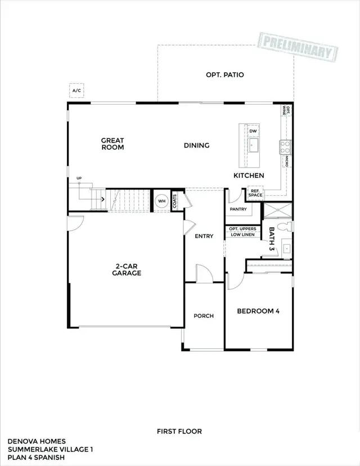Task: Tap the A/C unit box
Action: tap(76, 90)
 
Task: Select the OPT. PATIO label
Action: tap(225, 74)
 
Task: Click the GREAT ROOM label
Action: tap(112, 144)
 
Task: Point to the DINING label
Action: tap(196, 145)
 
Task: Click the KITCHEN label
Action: tap(249, 176)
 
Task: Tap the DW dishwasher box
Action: tap(253, 131)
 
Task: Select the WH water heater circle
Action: tap(161, 201)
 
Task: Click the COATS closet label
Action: tap(175, 201)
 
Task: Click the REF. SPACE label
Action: tap(255, 193)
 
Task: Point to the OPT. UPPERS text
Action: tap(243, 228)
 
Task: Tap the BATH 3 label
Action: tap(272, 239)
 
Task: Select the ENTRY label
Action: tap(204, 236)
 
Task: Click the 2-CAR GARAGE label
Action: tap(126, 270)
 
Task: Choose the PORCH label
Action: tap(204, 316)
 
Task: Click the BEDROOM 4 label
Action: tap(258, 311)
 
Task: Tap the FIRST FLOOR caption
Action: tap(179, 431)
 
